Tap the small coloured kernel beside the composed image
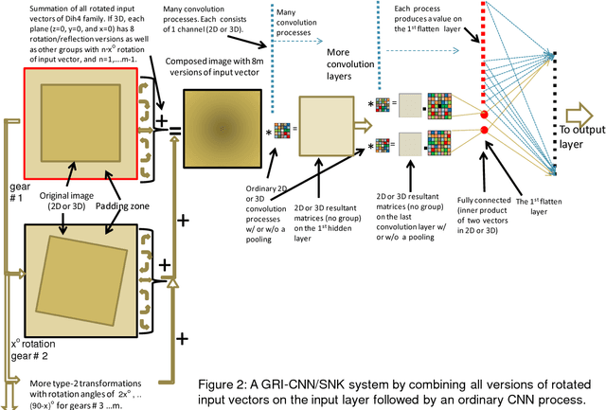click(282, 131)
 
